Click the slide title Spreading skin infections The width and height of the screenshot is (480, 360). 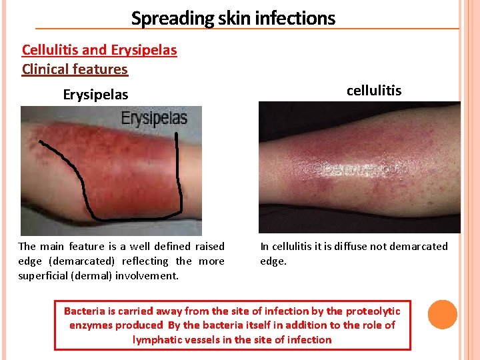[233, 18]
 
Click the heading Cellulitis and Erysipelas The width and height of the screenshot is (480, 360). [99, 50]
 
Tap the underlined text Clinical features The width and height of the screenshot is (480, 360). [75, 69]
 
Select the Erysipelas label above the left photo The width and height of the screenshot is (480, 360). [95, 95]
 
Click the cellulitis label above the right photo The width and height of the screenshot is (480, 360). [374, 91]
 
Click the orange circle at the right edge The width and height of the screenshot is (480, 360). [443, 315]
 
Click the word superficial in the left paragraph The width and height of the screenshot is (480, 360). [45, 275]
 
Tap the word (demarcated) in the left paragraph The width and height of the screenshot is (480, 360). [76, 261]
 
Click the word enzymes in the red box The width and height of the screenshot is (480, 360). [91, 325]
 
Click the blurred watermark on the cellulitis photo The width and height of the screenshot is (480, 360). [360, 169]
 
